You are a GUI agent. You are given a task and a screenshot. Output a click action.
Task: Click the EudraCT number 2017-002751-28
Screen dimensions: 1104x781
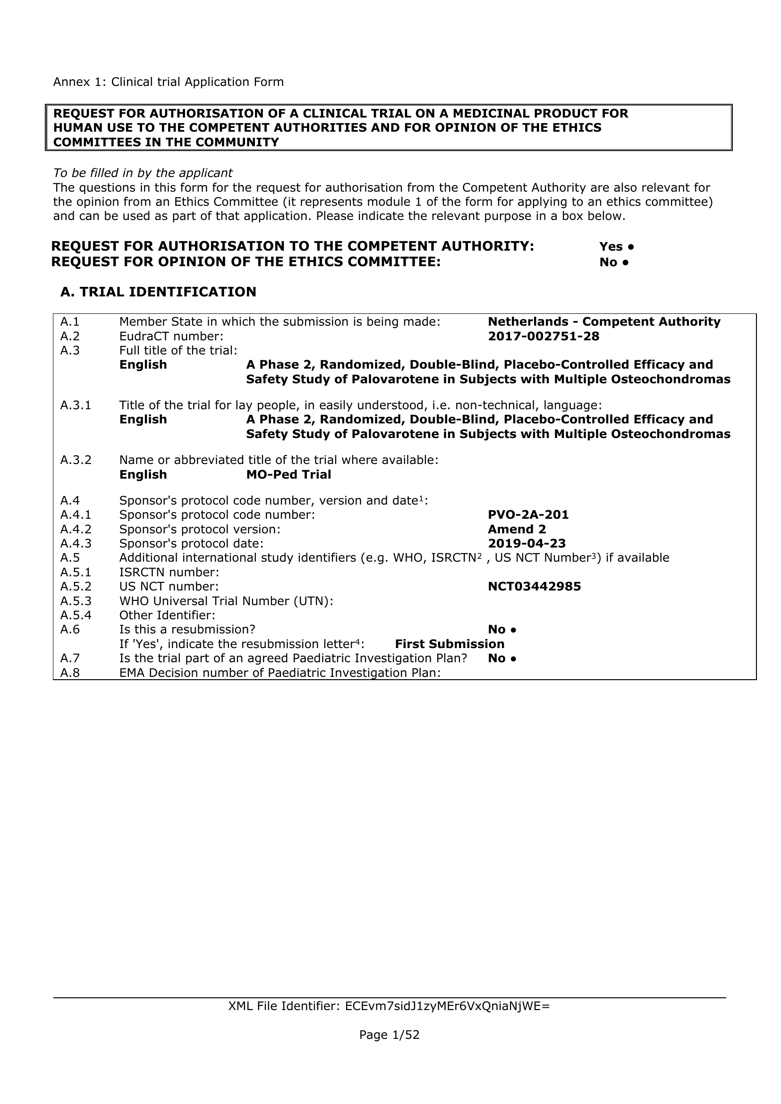(x=543, y=336)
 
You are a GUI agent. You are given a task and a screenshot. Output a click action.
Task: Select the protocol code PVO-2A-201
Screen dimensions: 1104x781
(x=528, y=514)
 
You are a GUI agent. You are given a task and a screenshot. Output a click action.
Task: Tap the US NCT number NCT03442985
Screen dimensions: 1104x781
(x=535, y=586)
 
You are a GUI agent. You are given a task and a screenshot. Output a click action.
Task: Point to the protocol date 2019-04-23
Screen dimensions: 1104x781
(x=526, y=543)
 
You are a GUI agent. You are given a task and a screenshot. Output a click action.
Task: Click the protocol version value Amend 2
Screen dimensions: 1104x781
(x=517, y=529)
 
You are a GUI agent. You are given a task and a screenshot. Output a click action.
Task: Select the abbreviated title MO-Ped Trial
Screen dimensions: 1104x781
(x=289, y=474)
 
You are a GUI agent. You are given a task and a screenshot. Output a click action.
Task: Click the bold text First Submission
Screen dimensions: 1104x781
(x=450, y=644)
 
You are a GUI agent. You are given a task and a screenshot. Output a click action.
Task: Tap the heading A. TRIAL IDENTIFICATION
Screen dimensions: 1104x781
(x=158, y=292)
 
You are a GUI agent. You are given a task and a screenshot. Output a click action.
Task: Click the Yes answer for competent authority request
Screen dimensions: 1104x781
(x=616, y=247)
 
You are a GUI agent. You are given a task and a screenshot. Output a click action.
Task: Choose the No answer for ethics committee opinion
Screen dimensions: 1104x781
(x=614, y=262)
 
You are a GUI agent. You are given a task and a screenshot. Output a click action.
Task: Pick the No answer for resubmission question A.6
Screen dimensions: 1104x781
(x=501, y=630)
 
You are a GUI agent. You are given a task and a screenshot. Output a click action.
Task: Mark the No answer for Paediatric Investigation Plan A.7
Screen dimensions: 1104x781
(x=501, y=658)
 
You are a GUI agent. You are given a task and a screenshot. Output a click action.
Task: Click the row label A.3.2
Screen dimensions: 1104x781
(x=76, y=460)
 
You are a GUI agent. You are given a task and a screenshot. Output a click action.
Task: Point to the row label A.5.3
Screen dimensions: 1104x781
(x=76, y=601)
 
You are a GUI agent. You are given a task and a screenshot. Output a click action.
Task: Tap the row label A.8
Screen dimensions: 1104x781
(x=70, y=672)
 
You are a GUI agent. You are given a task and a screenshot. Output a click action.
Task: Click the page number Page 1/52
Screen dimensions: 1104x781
(x=389, y=1035)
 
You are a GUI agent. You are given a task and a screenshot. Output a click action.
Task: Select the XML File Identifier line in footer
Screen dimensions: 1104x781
(x=389, y=1006)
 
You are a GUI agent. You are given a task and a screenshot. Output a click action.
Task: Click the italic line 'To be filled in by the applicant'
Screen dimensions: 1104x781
(x=143, y=173)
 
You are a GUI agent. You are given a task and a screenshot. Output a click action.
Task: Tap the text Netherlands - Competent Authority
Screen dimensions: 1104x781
(x=604, y=322)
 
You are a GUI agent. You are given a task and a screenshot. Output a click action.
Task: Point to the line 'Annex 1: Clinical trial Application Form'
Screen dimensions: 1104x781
(x=168, y=82)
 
